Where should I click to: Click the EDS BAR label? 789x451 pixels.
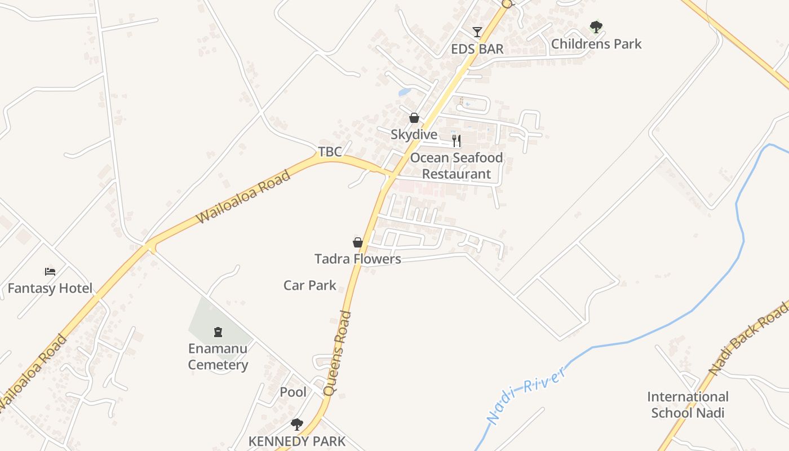[477, 49]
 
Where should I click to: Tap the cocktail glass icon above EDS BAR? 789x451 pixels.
[477, 32]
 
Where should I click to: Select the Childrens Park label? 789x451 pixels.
[596, 44]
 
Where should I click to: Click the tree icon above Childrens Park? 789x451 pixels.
[596, 26]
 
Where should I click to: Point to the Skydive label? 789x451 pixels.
[414, 135]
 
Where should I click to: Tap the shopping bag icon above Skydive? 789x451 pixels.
[414, 118]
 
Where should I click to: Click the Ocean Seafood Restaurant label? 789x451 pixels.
[456, 166]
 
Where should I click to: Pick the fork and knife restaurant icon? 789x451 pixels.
[456, 140]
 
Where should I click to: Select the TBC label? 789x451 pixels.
[330, 152]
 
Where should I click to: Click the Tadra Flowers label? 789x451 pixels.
[357, 259]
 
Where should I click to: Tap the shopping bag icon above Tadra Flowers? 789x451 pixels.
[357, 242]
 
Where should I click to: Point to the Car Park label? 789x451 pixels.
[309, 285]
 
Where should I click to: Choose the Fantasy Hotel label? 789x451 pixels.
[50, 289]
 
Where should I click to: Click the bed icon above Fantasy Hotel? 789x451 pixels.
[50, 272]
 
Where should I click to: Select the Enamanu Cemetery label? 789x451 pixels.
[218, 357]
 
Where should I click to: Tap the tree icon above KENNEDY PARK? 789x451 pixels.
[296, 424]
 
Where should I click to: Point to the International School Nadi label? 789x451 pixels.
[687, 405]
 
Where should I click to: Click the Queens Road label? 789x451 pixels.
[338, 353]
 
